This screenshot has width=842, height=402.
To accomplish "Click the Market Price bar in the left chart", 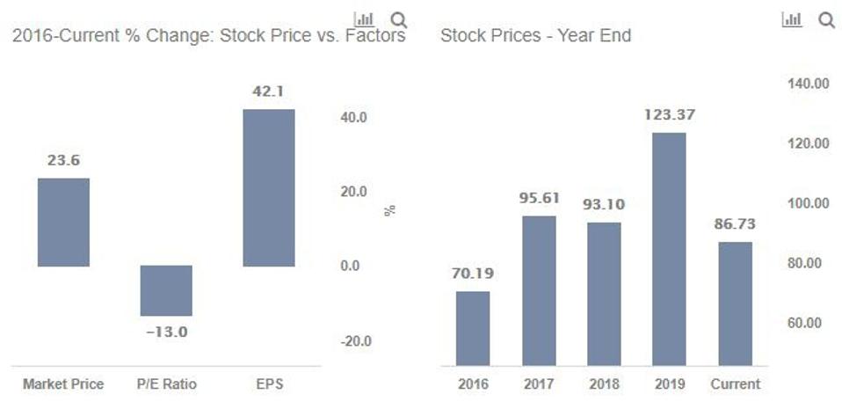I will click(63, 222).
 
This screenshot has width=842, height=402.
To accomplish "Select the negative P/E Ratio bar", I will click(166, 290).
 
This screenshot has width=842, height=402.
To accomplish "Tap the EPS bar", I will click(269, 187).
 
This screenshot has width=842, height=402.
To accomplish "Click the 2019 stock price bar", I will click(670, 249).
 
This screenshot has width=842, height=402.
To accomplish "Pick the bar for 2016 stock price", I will click(473, 328).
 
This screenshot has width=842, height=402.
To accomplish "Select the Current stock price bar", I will click(735, 303).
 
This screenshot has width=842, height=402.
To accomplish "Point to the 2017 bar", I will click(539, 290).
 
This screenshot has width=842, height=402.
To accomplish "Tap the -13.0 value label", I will click(167, 332).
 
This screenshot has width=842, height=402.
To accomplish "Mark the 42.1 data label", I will click(269, 91).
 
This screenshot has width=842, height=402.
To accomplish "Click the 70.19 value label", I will click(473, 274).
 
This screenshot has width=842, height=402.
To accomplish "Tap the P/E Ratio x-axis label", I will click(167, 384).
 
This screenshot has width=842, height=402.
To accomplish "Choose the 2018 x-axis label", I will click(605, 384).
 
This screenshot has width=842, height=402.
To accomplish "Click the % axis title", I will click(390, 210).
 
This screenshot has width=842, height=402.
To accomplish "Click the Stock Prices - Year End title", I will click(535, 36).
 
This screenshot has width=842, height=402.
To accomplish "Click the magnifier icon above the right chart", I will click(826, 19).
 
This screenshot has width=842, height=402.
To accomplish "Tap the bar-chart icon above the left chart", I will click(364, 18).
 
